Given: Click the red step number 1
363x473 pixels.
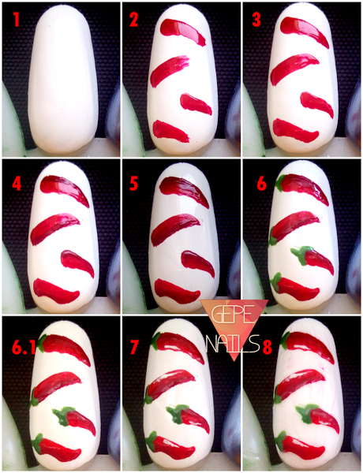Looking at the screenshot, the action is point(16,20).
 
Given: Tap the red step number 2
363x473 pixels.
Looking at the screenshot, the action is point(134,20).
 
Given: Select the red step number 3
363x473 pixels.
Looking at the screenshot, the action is point(256,20).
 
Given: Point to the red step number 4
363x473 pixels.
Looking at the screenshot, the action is point(17,183).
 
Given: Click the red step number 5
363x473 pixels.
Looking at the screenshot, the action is point(134,183).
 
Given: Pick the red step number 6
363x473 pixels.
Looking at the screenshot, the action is point(261,183).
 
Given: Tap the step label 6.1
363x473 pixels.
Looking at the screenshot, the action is point(24,347).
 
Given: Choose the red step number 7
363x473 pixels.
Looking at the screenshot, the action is point(134,347).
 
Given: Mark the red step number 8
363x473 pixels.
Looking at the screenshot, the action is point(268,347).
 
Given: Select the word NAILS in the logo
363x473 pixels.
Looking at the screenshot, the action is point(233,343).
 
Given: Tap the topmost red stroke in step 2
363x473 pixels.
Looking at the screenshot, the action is point(182,31).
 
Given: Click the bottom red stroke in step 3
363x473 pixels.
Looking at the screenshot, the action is point(294,130).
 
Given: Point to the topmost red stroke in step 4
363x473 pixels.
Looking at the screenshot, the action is point(64,188).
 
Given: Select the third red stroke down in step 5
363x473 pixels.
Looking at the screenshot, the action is point(198,263).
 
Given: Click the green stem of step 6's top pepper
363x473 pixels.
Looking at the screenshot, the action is point(281,183).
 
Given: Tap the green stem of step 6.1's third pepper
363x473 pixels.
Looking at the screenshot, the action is point(62,415).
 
